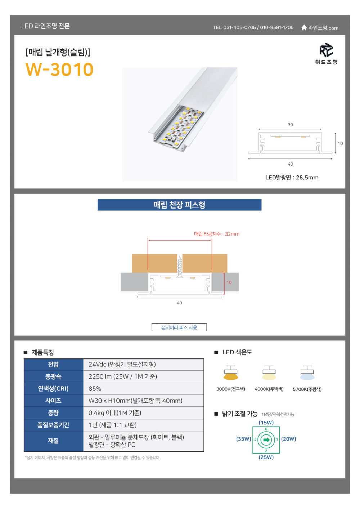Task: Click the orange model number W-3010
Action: pyautogui.click(x=59, y=70)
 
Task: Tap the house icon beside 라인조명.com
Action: pyautogui.click(x=304, y=28)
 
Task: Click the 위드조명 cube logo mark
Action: pyautogui.click(x=326, y=50)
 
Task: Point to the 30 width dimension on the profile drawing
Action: pyautogui.click(x=290, y=125)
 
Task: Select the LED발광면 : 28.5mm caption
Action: pyautogui.click(x=292, y=178)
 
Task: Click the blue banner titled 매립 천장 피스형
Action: pyautogui.click(x=179, y=205)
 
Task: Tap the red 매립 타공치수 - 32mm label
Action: pyautogui.click(x=217, y=234)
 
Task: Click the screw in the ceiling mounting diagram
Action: pyautogui.click(x=180, y=267)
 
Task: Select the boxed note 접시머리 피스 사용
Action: pyautogui.click(x=179, y=327)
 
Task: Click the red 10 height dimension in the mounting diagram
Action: pyautogui.click(x=229, y=282)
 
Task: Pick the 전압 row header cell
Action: pyautogui.click(x=54, y=365)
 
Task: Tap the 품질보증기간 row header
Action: pyautogui.click(x=54, y=425)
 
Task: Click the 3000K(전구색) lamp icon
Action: pyautogui.click(x=231, y=373)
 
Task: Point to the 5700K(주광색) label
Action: pyautogui.click(x=307, y=389)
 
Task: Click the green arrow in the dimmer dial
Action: pyautogui.click(x=266, y=440)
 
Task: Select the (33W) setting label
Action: pyautogui.click(x=244, y=439)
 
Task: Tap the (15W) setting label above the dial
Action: pyautogui.click(x=266, y=423)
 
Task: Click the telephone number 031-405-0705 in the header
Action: pyautogui.click(x=239, y=27)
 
